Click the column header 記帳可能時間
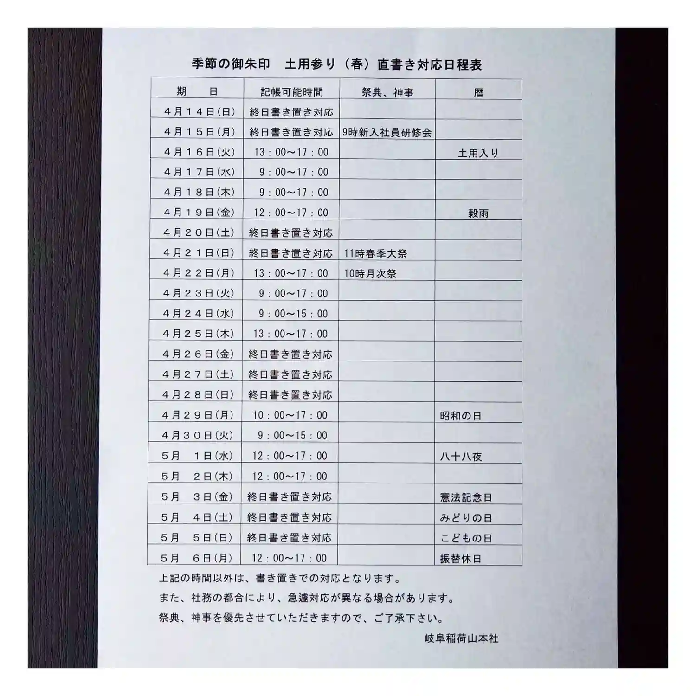tap(291, 92)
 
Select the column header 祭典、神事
tap(387, 92)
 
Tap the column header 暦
tap(478, 93)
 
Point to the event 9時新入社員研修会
tap(387, 132)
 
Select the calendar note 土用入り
tap(478, 153)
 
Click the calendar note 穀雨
tap(478, 213)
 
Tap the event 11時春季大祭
tap(375, 253)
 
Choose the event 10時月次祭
tap(370, 274)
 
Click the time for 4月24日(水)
tap(293, 314)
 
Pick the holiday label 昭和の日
tap(460, 416)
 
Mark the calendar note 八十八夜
tap(461, 457)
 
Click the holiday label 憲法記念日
tap(466, 497)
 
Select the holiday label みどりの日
tap(466, 518)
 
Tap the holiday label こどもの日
tap(466, 538)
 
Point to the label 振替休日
tap(460, 559)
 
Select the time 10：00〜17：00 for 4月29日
tap(290, 415)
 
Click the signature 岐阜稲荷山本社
tap(461, 638)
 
